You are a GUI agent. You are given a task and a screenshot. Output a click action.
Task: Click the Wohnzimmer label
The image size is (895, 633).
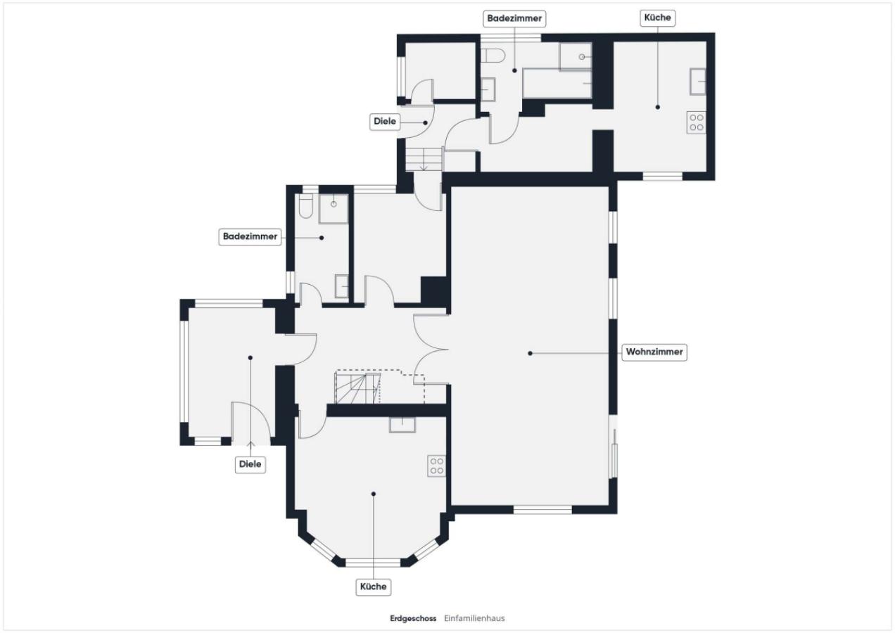pos(654,352)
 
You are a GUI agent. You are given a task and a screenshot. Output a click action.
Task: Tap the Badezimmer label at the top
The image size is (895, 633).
pos(514,18)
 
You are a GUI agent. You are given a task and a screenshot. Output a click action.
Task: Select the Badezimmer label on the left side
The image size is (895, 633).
pos(250,237)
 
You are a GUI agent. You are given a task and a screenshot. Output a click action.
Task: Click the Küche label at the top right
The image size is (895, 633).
pos(657,18)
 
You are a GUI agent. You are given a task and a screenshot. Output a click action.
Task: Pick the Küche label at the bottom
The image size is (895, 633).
pos(373,587)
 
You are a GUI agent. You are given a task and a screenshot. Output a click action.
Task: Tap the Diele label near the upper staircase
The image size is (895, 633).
pos(385,122)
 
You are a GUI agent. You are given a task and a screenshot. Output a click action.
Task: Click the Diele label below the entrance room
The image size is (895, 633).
pos(250,464)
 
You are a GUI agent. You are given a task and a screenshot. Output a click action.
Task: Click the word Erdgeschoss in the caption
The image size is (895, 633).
pos(413,619)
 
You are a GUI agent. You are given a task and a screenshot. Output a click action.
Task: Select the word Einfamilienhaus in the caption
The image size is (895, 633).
pos(474,619)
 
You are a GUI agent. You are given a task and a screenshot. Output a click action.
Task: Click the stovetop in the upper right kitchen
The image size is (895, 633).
pos(697,122)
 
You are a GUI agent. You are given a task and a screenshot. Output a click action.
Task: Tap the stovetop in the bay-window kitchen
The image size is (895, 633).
pos(437,466)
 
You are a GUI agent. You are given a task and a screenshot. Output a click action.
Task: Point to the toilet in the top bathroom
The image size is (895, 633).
pos(493,56)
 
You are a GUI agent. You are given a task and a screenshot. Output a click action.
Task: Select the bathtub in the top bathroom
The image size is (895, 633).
pos(557,83)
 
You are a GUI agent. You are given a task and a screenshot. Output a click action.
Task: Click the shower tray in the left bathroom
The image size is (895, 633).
pos(334,209)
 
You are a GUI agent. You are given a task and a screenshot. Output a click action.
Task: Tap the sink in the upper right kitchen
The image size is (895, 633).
pos(697,82)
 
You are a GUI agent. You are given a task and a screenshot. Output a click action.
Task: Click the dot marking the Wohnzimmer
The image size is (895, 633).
pos(531,354)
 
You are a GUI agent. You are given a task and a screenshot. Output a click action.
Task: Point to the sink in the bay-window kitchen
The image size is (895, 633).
pos(402,425)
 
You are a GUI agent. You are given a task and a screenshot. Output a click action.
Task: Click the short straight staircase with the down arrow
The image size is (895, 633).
pos(424,160)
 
